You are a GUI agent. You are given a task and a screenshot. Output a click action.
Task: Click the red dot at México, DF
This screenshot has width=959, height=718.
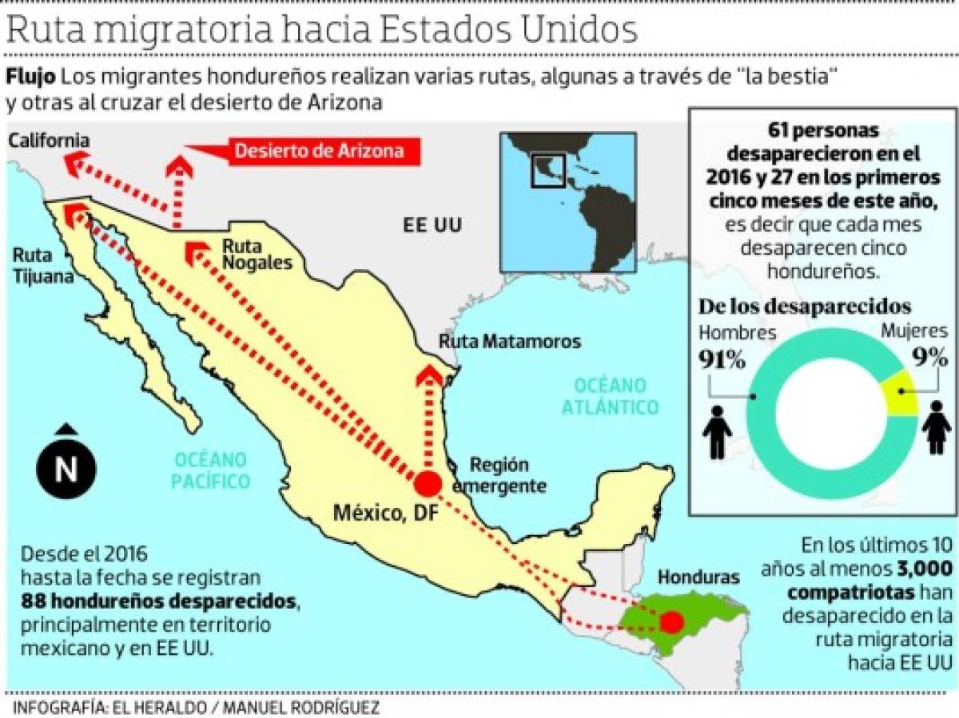[428, 484]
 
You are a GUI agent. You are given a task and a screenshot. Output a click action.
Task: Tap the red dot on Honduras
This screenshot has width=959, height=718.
[672, 621]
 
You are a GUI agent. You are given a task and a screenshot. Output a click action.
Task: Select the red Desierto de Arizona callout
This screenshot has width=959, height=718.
[318, 150]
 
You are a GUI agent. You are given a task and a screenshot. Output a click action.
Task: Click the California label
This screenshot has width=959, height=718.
[49, 141]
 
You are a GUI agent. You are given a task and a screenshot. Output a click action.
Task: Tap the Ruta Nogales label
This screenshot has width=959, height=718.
[257, 253]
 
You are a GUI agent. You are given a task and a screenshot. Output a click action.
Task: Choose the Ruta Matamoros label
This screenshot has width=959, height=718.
[510, 342]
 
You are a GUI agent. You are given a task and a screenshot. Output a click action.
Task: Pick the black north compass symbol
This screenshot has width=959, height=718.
[66, 466]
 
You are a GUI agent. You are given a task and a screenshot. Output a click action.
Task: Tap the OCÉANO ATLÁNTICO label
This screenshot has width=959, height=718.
[610, 395]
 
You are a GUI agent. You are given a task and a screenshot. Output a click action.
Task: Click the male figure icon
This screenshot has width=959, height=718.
[717, 433]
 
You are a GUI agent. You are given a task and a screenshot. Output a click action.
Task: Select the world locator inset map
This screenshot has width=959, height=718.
[567, 203]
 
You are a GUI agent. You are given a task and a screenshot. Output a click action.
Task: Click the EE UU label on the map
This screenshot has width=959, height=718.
[432, 224]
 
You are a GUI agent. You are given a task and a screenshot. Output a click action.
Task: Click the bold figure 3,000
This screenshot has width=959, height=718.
[924, 569]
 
